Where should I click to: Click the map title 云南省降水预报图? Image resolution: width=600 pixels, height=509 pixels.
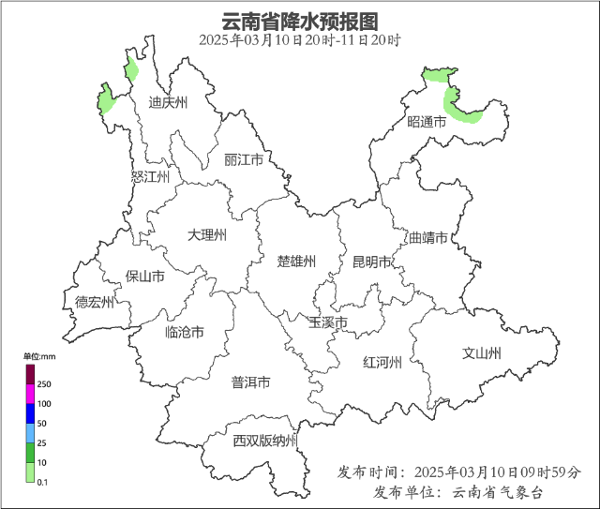point(300,21)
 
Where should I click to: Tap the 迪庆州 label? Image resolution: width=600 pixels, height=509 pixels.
point(169,103)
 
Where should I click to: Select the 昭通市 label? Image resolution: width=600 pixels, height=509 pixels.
point(427,122)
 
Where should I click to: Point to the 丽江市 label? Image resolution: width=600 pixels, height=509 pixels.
point(244,160)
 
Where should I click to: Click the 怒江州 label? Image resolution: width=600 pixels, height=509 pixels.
point(150,176)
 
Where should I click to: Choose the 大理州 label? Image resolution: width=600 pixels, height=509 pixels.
point(206,234)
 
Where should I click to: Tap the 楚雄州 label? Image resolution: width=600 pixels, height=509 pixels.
point(296,261)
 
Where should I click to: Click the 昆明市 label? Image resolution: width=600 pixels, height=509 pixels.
point(371,262)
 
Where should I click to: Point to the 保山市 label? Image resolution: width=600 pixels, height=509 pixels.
point(145,277)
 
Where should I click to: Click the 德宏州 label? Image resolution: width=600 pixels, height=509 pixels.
point(95,302)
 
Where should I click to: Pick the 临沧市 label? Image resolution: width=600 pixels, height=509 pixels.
point(184,332)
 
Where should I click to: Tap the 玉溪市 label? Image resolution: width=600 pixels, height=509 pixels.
point(328,322)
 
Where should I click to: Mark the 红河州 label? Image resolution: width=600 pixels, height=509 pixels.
point(382,363)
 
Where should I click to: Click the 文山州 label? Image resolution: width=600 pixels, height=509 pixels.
point(482,353)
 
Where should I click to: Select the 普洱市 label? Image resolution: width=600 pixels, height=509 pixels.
point(250,382)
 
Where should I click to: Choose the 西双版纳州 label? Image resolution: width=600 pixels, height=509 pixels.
point(265,441)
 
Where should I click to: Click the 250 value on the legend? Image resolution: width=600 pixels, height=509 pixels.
point(44,384)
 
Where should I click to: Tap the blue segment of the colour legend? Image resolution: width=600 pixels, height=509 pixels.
point(30,412)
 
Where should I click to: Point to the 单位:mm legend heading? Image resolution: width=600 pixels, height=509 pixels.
point(39,356)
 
